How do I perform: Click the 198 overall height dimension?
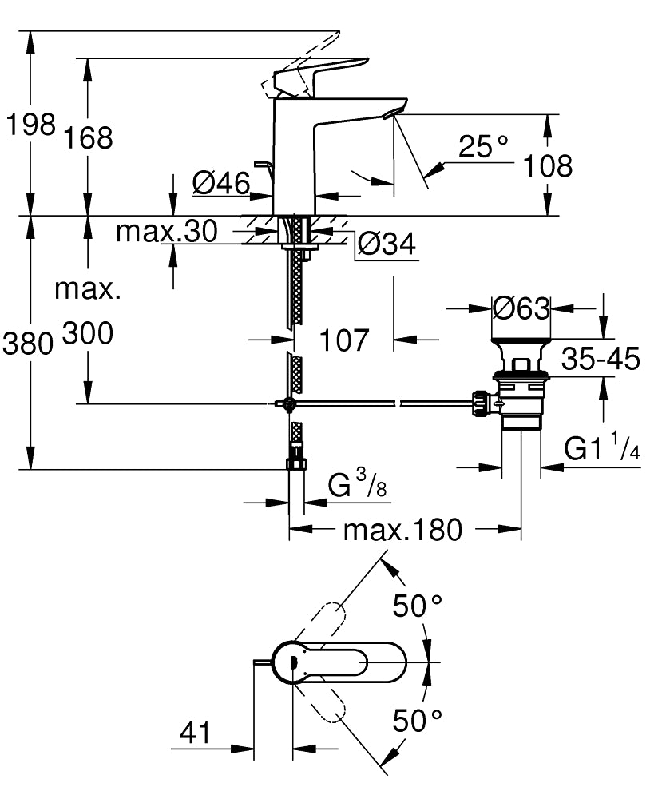coord(30,125)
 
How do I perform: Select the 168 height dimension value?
coord(89,137)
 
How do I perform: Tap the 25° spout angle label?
coord(483,146)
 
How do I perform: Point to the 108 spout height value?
coord(548,165)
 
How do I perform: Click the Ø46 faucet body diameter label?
coord(220,184)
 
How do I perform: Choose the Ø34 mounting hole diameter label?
coord(387,244)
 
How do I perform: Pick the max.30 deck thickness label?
coord(166,232)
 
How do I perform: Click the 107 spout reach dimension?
coord(344,340)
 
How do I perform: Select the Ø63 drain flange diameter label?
coord(521,308)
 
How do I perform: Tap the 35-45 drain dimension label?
coord(601,359)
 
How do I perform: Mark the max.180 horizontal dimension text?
coord(402,529)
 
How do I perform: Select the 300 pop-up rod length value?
coord(88,334)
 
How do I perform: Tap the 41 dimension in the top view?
coord(195,732)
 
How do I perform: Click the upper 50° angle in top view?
coord(418,606)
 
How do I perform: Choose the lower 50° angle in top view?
coord(418,721)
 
